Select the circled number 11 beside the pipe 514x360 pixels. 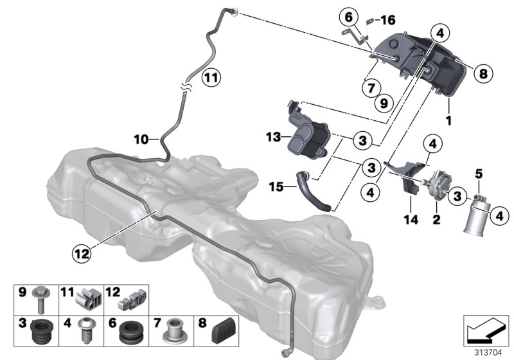[211, 79]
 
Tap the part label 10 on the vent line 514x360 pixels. [141, 138]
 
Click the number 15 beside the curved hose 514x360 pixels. [276, 187]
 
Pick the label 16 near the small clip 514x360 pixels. [388, 20]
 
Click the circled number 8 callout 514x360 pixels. [484, 74]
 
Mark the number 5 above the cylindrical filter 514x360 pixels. [478, 173]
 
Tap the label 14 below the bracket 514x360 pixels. [411, 221]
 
